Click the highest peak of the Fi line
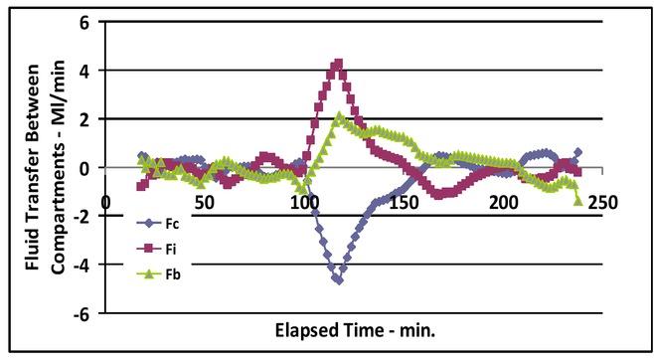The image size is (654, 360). [x=338, y=64]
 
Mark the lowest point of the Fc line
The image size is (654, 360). [x=338, y=280]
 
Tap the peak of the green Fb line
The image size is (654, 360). [x=340, y=116]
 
